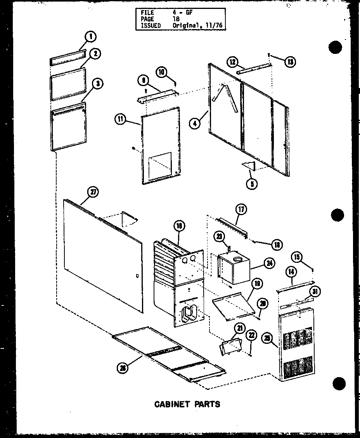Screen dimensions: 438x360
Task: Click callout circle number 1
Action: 90,37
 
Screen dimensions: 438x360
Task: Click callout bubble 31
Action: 315,292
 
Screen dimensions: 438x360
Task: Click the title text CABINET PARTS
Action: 187,404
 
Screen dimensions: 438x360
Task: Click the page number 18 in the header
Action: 176,19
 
